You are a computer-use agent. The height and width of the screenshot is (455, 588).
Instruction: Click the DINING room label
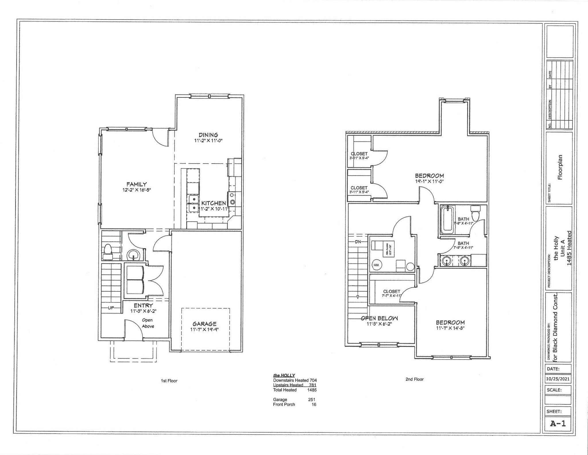(x=208, y=135)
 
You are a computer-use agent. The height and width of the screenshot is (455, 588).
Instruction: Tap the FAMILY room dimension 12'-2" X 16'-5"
(x=137, y=190)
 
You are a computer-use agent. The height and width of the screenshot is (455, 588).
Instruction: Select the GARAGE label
(x=204, y=324)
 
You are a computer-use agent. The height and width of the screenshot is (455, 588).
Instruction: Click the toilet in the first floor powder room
(x=108, y=249)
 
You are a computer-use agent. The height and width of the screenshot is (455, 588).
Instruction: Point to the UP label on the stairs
(x=111, y=308)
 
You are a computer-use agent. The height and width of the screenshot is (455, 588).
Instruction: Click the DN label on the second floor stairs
(x=358, y=242)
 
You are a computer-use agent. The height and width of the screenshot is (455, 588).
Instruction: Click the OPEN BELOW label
(x=379, y=318)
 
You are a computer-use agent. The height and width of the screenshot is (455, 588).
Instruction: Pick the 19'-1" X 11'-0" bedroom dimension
(x=430, y=181)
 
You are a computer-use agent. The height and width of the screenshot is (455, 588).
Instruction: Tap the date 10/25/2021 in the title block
(x=558, y=379)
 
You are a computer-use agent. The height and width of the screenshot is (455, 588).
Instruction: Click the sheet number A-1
(x=558, y=423)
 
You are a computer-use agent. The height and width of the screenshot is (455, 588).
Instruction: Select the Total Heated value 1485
(x=312, y=390)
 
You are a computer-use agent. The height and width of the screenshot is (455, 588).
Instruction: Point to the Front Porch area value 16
(x=314, y=404)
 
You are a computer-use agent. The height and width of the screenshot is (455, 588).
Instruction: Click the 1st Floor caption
(x=169, y=381)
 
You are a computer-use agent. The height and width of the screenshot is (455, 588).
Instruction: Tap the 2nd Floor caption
(x=414, y=379)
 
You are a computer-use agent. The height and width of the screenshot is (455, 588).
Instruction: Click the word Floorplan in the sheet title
(x=560, y=167)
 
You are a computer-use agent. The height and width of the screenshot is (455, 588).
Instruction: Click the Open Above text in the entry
(x=148, y=323)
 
